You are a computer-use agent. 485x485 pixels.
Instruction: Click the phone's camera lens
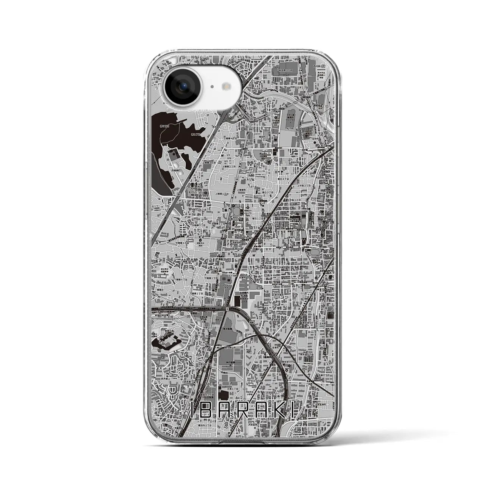(181, 86)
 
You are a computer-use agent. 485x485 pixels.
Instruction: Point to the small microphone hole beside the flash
(211, 86)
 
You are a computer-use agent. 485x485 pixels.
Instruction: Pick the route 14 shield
(237, 178)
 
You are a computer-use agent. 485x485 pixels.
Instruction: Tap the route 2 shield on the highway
(227, 309)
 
